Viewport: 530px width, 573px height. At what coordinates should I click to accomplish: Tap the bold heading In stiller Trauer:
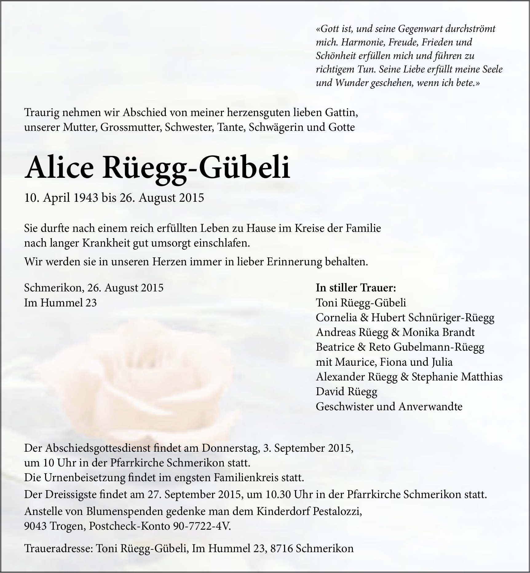coord(356,288)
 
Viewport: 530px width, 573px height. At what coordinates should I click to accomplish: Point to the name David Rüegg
coord(346,392)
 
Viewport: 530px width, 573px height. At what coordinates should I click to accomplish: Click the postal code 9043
coord(35,526)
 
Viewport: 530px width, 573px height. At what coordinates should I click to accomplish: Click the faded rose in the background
coord(123,384)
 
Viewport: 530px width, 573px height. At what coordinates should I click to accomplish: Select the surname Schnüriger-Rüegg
coord(451,318)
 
